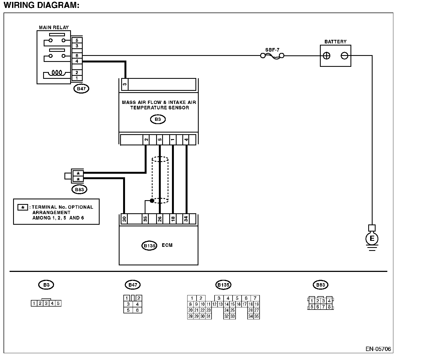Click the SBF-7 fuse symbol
[x=272, y=56]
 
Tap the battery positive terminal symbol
[x=326, y=56]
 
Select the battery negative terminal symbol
[x=344, y=56]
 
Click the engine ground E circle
[x=372, y=238]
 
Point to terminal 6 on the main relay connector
[x=77, y=55]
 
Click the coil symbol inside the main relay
[x=57, y=73]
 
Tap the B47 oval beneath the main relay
[x=81, y=89]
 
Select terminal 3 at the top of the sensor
[x=125, y=84]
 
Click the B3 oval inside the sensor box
[x=158, y=119]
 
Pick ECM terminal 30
[x=124, y=219]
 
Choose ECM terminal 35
[x=145, y=219]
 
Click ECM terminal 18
[x=173, y=219]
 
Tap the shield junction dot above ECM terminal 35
[x=152, y=201]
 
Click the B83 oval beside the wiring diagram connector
[x=79, y=190]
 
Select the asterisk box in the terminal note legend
[x=23, y=207]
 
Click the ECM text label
[x=167, y=245]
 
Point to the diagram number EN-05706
[x=378, y=349]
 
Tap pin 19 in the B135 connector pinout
[x=257, y=304]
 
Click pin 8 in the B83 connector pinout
[x=329, y=307]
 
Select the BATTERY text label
[x=335, y=41]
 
